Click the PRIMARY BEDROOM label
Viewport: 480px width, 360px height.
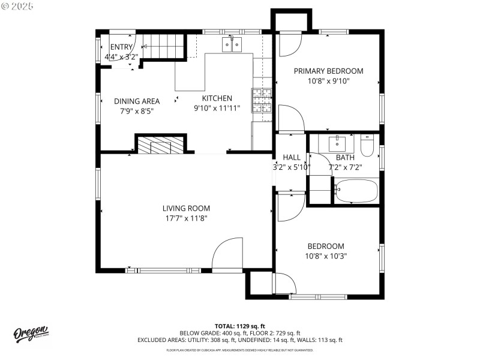[328, 71]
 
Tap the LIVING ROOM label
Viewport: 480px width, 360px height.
[186, 208]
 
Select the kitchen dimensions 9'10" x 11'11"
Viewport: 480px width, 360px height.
[217, 109]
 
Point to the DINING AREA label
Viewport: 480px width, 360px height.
[137, 101]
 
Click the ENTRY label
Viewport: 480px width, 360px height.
[121, 47]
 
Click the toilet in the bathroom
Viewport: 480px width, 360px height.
[367, 146]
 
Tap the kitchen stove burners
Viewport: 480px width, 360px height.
[262, 100]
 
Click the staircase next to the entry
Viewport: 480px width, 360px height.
[163, 47]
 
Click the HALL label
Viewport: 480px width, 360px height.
[292, 157]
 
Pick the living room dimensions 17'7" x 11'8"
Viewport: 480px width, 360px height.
[186, 218]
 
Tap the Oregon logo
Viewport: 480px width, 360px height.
[31, 334]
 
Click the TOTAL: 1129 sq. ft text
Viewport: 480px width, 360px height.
[239, 326]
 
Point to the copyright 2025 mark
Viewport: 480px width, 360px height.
[18, 5]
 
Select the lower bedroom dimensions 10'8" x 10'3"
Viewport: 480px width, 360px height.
[326, 256]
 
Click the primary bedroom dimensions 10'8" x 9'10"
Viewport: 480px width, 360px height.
[328, 81]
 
